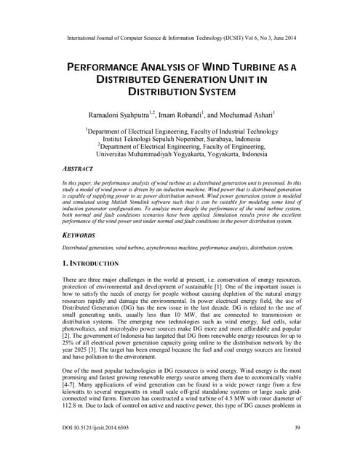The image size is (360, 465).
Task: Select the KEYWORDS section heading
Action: pos(81,236)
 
